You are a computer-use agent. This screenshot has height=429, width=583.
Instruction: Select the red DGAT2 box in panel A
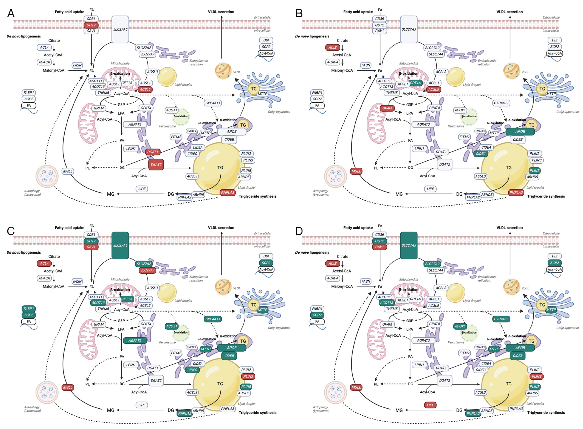click(x=156, y=164)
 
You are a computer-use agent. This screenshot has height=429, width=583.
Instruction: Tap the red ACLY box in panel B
click(x=333, y=47)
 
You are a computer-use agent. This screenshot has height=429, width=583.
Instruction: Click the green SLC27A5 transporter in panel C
click(x=120, y=245)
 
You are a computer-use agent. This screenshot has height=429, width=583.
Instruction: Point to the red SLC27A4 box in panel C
click(x=147, y=270)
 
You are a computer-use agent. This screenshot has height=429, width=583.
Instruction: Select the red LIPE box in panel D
click(x=430, y=405)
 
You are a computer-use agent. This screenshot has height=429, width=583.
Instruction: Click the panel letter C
click(x=11, y=231)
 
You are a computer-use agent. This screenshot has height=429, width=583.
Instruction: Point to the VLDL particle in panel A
click(x=223, y=71)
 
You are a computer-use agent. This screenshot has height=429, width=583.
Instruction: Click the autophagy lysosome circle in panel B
click(x=335, y=176)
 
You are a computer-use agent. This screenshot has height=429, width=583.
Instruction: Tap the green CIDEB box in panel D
click(x=517, y=356)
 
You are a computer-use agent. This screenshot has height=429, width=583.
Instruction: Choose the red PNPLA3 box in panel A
click(x=228, y=192)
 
